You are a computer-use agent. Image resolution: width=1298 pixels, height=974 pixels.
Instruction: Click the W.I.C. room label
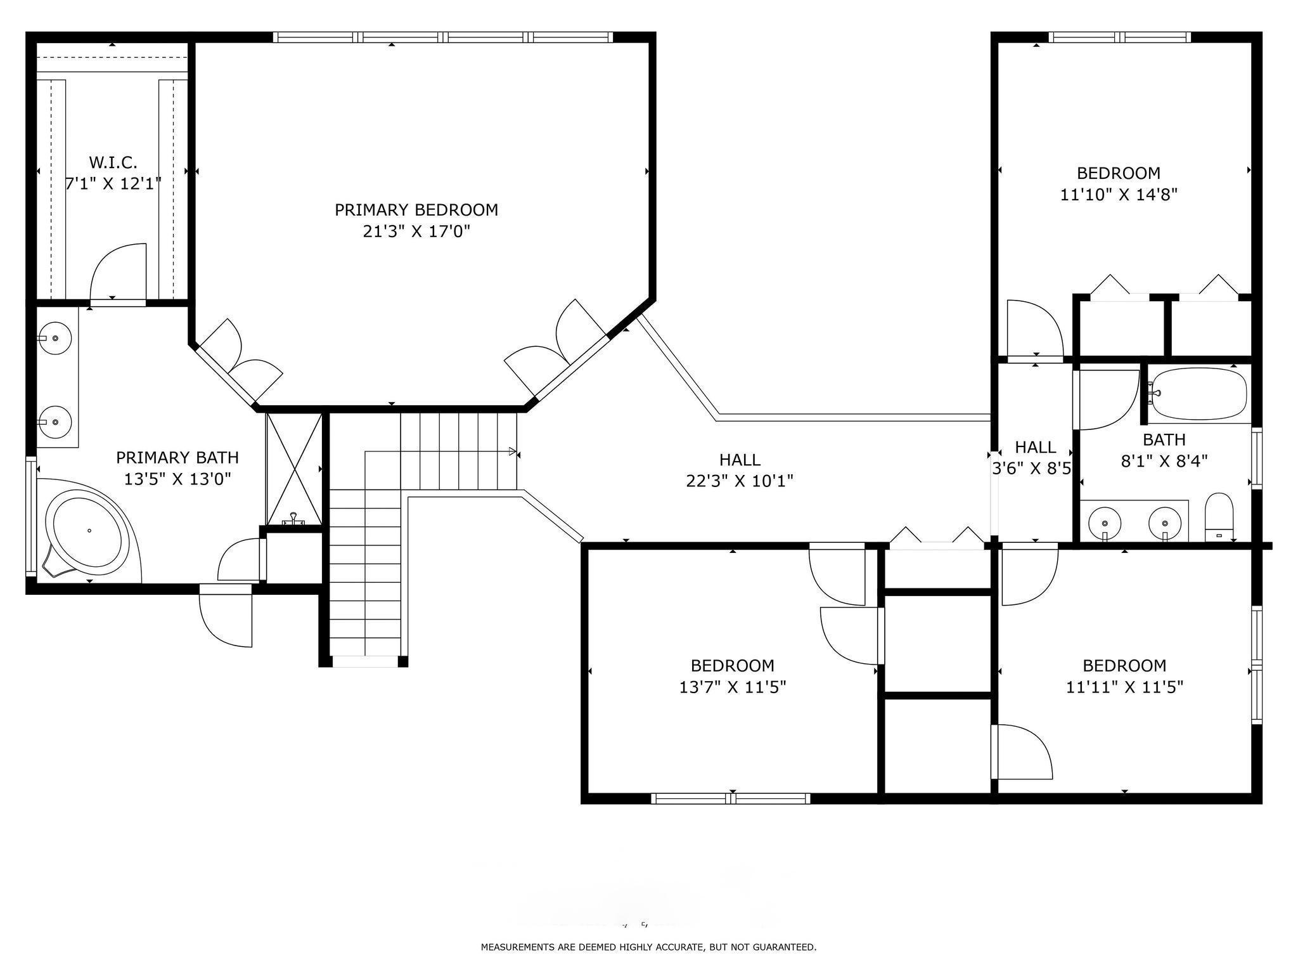click(113, 163)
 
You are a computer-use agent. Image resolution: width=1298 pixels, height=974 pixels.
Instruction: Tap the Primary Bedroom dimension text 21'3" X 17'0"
click(416, 231)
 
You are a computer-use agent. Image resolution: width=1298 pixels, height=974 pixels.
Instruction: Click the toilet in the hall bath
click(1218, 517)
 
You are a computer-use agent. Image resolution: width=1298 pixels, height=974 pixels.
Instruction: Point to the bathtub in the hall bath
click(1198, 394)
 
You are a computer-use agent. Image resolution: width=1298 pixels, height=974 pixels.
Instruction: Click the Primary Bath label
click(177, 457)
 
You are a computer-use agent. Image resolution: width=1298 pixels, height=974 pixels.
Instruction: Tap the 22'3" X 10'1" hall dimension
click(740, 481)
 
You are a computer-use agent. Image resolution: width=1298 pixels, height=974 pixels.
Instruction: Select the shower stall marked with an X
click(294, 469)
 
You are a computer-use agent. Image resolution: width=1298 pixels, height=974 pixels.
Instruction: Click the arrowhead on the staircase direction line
click(512, 451)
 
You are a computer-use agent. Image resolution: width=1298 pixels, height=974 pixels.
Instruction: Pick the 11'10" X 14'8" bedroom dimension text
click(1119, 194)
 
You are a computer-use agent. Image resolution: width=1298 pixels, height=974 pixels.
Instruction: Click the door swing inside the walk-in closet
click(119, 271)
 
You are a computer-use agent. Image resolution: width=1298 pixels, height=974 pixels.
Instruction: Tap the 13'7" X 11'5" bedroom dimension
click(733, 687)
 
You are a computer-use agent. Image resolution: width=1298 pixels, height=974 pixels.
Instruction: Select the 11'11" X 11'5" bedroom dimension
click(1124, 687)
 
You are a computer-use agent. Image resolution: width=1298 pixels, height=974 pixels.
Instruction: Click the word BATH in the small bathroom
click(1164, 439)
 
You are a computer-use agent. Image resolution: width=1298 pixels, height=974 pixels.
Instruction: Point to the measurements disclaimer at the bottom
click(648, 947)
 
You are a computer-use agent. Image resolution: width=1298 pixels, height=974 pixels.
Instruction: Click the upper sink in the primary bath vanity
click(55, 338)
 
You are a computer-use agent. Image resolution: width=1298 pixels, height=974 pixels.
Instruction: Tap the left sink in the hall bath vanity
click(1105, 524)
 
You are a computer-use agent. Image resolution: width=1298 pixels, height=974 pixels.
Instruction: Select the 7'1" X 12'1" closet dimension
click(113, 184)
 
